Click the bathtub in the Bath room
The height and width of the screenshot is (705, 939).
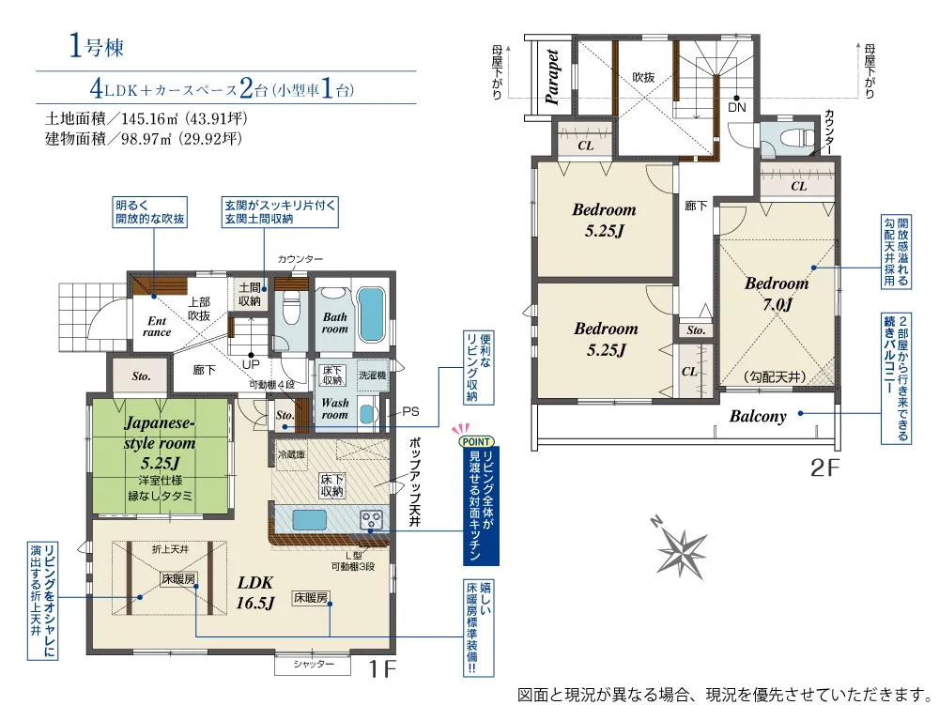371,314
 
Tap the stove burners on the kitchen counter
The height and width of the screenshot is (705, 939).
371,519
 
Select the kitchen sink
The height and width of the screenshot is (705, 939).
308,518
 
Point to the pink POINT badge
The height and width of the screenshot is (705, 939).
477,440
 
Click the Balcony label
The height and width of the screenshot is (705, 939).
758,416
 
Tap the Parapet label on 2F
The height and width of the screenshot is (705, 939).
552,77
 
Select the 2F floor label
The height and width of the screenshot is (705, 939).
825,468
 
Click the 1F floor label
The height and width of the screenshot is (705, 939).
382,668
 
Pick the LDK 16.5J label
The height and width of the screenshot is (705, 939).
255,592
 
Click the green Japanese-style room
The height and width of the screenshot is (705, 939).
161,456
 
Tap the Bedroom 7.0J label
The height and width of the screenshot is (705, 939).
777,293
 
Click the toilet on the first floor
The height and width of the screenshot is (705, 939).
290,306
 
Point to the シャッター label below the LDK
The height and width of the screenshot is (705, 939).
314,665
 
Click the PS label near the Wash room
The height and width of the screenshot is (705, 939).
411,412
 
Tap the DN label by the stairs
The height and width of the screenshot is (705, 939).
737,107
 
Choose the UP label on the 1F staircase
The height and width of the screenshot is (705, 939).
251,364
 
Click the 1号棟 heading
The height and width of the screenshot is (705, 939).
97,45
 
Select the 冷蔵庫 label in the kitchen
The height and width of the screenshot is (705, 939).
292,454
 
